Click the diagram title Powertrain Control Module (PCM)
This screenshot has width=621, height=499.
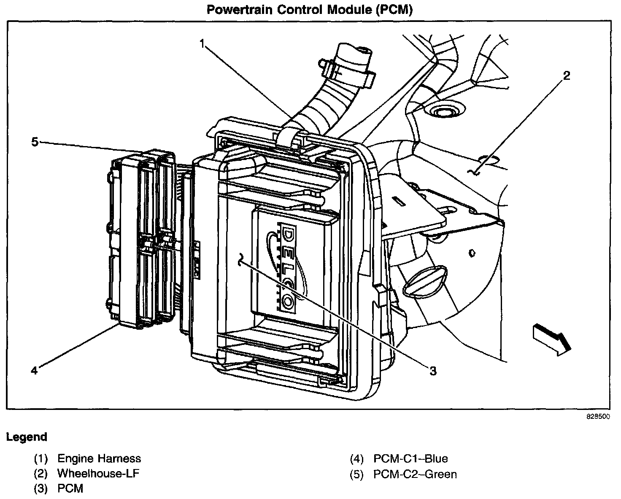tap(310, 10)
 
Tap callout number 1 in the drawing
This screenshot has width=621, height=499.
tap(202, 44)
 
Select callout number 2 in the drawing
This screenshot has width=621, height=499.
tap(567, 76)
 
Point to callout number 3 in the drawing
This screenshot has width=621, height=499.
tap(433, 371)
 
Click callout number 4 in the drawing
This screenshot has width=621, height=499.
tap(34, 370)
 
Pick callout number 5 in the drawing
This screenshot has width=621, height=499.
tap(35, 142)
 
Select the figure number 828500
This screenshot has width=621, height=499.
tap(598, 417)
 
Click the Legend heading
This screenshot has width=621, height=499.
tap(27, 437)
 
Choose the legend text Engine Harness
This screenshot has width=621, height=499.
tap(99, 458)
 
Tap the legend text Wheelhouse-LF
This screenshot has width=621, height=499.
tap(98, 473)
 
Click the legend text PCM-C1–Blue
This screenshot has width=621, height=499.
tap(410, 458)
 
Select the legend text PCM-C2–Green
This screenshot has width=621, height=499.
tap(415, 474)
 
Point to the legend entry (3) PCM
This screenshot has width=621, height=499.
tap(59, 488)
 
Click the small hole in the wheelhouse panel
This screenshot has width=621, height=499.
tap(472, 254)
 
